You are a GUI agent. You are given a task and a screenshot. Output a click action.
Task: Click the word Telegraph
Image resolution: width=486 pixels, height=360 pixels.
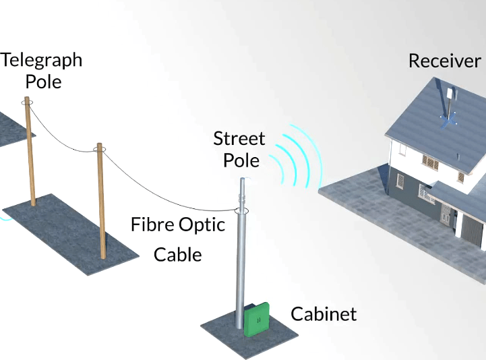pos(41,60)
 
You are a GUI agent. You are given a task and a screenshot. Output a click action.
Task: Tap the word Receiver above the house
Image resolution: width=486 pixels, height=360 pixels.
pos(444,61)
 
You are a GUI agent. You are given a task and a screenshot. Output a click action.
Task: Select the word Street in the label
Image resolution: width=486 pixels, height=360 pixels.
pos(239,139)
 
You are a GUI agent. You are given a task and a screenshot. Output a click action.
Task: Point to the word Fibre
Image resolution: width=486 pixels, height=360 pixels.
pos(153,224)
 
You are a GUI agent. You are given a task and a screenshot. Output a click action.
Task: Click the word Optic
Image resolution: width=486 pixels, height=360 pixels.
pos(202,224)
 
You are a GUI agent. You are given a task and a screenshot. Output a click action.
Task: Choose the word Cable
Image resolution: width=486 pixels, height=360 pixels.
pos(178,255)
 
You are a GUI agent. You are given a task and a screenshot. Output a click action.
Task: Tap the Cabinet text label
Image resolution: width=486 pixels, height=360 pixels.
pos(323,314)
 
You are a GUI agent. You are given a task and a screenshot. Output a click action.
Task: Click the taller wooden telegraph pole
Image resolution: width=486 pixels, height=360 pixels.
pos(30,155)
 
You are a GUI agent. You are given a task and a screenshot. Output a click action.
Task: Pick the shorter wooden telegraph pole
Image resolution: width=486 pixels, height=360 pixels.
pos(101,202)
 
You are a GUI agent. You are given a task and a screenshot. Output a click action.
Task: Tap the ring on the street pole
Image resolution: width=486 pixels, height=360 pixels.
pos(241,211)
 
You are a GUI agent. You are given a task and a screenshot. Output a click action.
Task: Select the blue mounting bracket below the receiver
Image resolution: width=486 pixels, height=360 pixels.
pos(449,119)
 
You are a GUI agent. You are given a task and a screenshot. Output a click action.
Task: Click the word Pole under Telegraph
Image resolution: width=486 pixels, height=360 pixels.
pos(43,82)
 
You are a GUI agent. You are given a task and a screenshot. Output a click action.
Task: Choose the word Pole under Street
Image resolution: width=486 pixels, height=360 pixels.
pos(241,160)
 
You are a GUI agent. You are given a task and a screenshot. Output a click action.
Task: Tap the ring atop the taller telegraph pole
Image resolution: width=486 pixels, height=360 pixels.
pos(27,102)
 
